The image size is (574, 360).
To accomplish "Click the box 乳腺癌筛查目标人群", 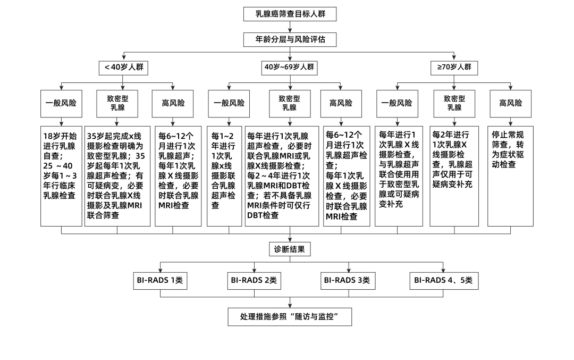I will point(290,14).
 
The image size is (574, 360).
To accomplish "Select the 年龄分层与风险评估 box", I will point(290,39).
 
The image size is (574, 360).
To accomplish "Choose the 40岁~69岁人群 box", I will point(290,68).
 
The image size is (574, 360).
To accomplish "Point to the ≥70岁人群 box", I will point(454,68).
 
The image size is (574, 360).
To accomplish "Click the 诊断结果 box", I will point(290,249).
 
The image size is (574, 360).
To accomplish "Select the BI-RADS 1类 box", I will point(161,280).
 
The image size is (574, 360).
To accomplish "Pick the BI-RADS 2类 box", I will point(254,280).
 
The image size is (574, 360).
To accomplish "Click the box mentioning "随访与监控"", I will point(290,317).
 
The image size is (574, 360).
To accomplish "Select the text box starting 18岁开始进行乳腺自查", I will point(62,176).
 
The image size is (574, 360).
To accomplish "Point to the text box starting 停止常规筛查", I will point(510,176).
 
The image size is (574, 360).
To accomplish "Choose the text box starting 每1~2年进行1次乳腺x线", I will point(224,176).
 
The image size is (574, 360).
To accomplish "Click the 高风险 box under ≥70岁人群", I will point(510,103).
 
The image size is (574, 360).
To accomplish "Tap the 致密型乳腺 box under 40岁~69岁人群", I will point(290,103).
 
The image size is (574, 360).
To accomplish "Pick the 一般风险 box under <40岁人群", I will point(62,103).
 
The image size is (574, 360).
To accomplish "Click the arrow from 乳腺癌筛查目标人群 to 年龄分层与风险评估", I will point(290,27).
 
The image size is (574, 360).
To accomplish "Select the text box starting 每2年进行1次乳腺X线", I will point(454,176).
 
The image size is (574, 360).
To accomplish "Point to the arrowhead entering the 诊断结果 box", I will point(290,240).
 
